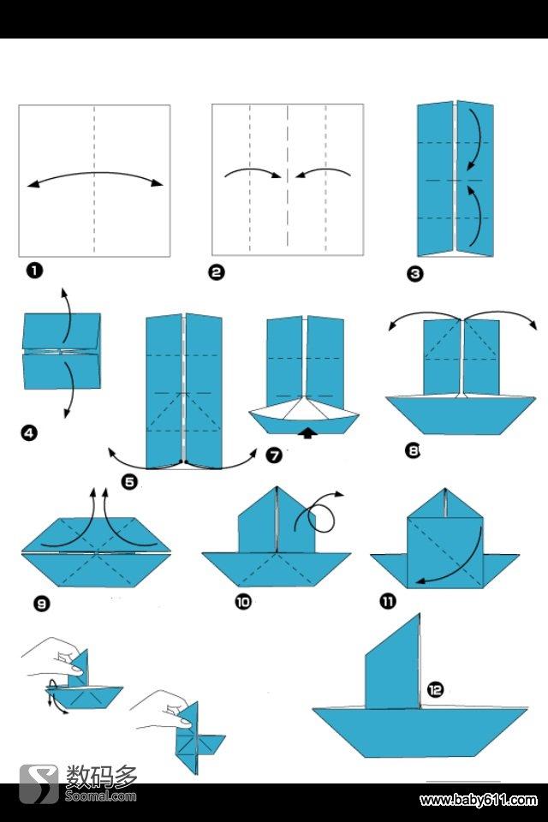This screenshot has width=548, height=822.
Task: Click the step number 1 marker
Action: tap(34, 271)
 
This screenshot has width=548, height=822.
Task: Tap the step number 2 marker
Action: tap(217, 272)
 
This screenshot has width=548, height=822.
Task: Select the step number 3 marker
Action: tap(414, 274)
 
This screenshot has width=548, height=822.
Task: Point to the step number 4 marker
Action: tap(29, 433)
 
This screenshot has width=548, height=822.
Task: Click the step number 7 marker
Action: tap(274, 455)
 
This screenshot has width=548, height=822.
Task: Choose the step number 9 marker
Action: tap(41, 604)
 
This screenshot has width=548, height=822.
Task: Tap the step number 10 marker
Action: tap(243, 602)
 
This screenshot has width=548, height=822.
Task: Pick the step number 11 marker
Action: tap(388, 601)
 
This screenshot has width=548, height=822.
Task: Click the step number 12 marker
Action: tap(435, 689)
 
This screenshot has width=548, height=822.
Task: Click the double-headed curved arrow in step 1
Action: tap(95, 174)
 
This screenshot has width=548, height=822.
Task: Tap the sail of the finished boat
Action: tap(393, 663)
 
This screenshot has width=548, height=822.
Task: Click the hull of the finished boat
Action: tap(420, 732)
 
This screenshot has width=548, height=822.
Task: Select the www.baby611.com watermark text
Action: tap(479, 801)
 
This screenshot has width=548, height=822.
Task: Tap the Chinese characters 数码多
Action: tap(101, 777)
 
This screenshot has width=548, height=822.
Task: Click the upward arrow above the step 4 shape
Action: tap(67, 314)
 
